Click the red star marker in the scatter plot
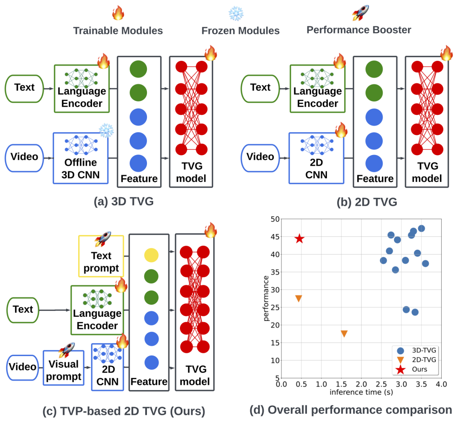[299, 239]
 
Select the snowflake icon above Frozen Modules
[236, 13]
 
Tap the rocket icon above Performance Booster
[360, 13]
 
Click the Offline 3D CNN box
[81, 158]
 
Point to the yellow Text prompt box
[101, 256]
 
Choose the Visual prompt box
[64, 368]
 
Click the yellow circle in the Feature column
[151, 255]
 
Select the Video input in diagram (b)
[260, 158]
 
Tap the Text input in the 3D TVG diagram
[25, 88]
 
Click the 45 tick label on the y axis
[275, 237]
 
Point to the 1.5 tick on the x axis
[341, 384]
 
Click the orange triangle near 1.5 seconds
[344, 334]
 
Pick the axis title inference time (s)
[361, 392]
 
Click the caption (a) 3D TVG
[124, 202]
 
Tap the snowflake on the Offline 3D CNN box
[106, 130]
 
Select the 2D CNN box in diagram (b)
[316, 158]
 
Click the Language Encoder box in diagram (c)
[97, 310]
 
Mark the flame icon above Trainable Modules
[118, 13]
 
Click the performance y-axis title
[266, 298]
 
